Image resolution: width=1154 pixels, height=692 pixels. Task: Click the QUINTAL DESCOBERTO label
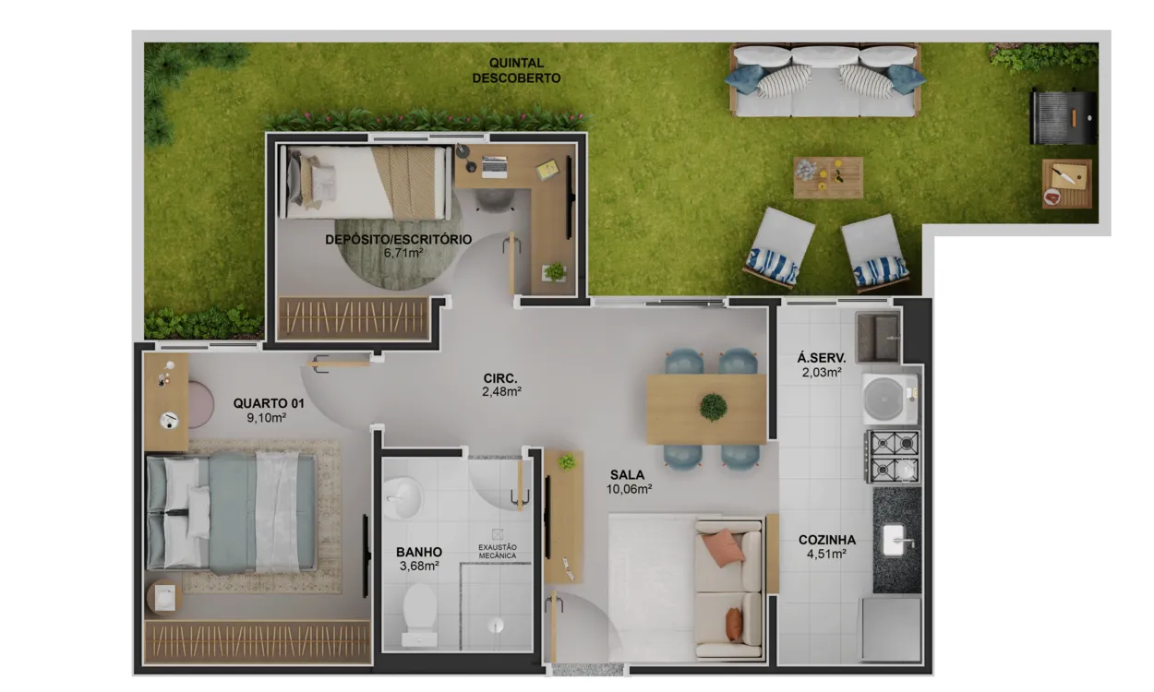pos(516,70)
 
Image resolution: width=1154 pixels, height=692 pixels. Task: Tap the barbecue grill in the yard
pos(1063,118)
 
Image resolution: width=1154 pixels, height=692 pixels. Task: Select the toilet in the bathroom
pos(419,614)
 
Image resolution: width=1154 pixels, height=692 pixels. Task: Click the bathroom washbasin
pos(403,497)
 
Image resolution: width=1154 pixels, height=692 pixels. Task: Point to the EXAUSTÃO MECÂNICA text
pos(498,552)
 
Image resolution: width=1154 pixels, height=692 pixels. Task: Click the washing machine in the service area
pos(890,399)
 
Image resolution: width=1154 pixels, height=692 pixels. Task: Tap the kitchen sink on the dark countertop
pos(896,541)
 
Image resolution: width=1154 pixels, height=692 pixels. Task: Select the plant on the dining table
pos(713,407)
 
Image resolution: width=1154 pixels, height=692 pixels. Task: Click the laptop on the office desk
pos(495,167)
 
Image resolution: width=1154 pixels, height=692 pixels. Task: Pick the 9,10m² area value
pos(267,418)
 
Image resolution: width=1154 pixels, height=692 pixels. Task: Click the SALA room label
pos(627,475)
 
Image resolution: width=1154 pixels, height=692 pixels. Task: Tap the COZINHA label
pos(827,540)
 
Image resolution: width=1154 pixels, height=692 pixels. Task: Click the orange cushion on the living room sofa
pos(723,547)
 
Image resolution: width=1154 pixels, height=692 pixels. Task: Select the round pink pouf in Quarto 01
pos(200,405)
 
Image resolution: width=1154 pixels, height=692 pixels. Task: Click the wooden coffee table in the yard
pos(828,178)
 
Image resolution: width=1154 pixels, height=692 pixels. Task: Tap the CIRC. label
pos(500,378)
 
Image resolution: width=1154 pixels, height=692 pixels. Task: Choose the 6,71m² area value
pos(403,253)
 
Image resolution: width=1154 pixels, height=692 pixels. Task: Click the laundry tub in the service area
pos(878,338)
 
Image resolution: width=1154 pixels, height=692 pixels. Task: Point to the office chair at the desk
pos(494,200)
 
